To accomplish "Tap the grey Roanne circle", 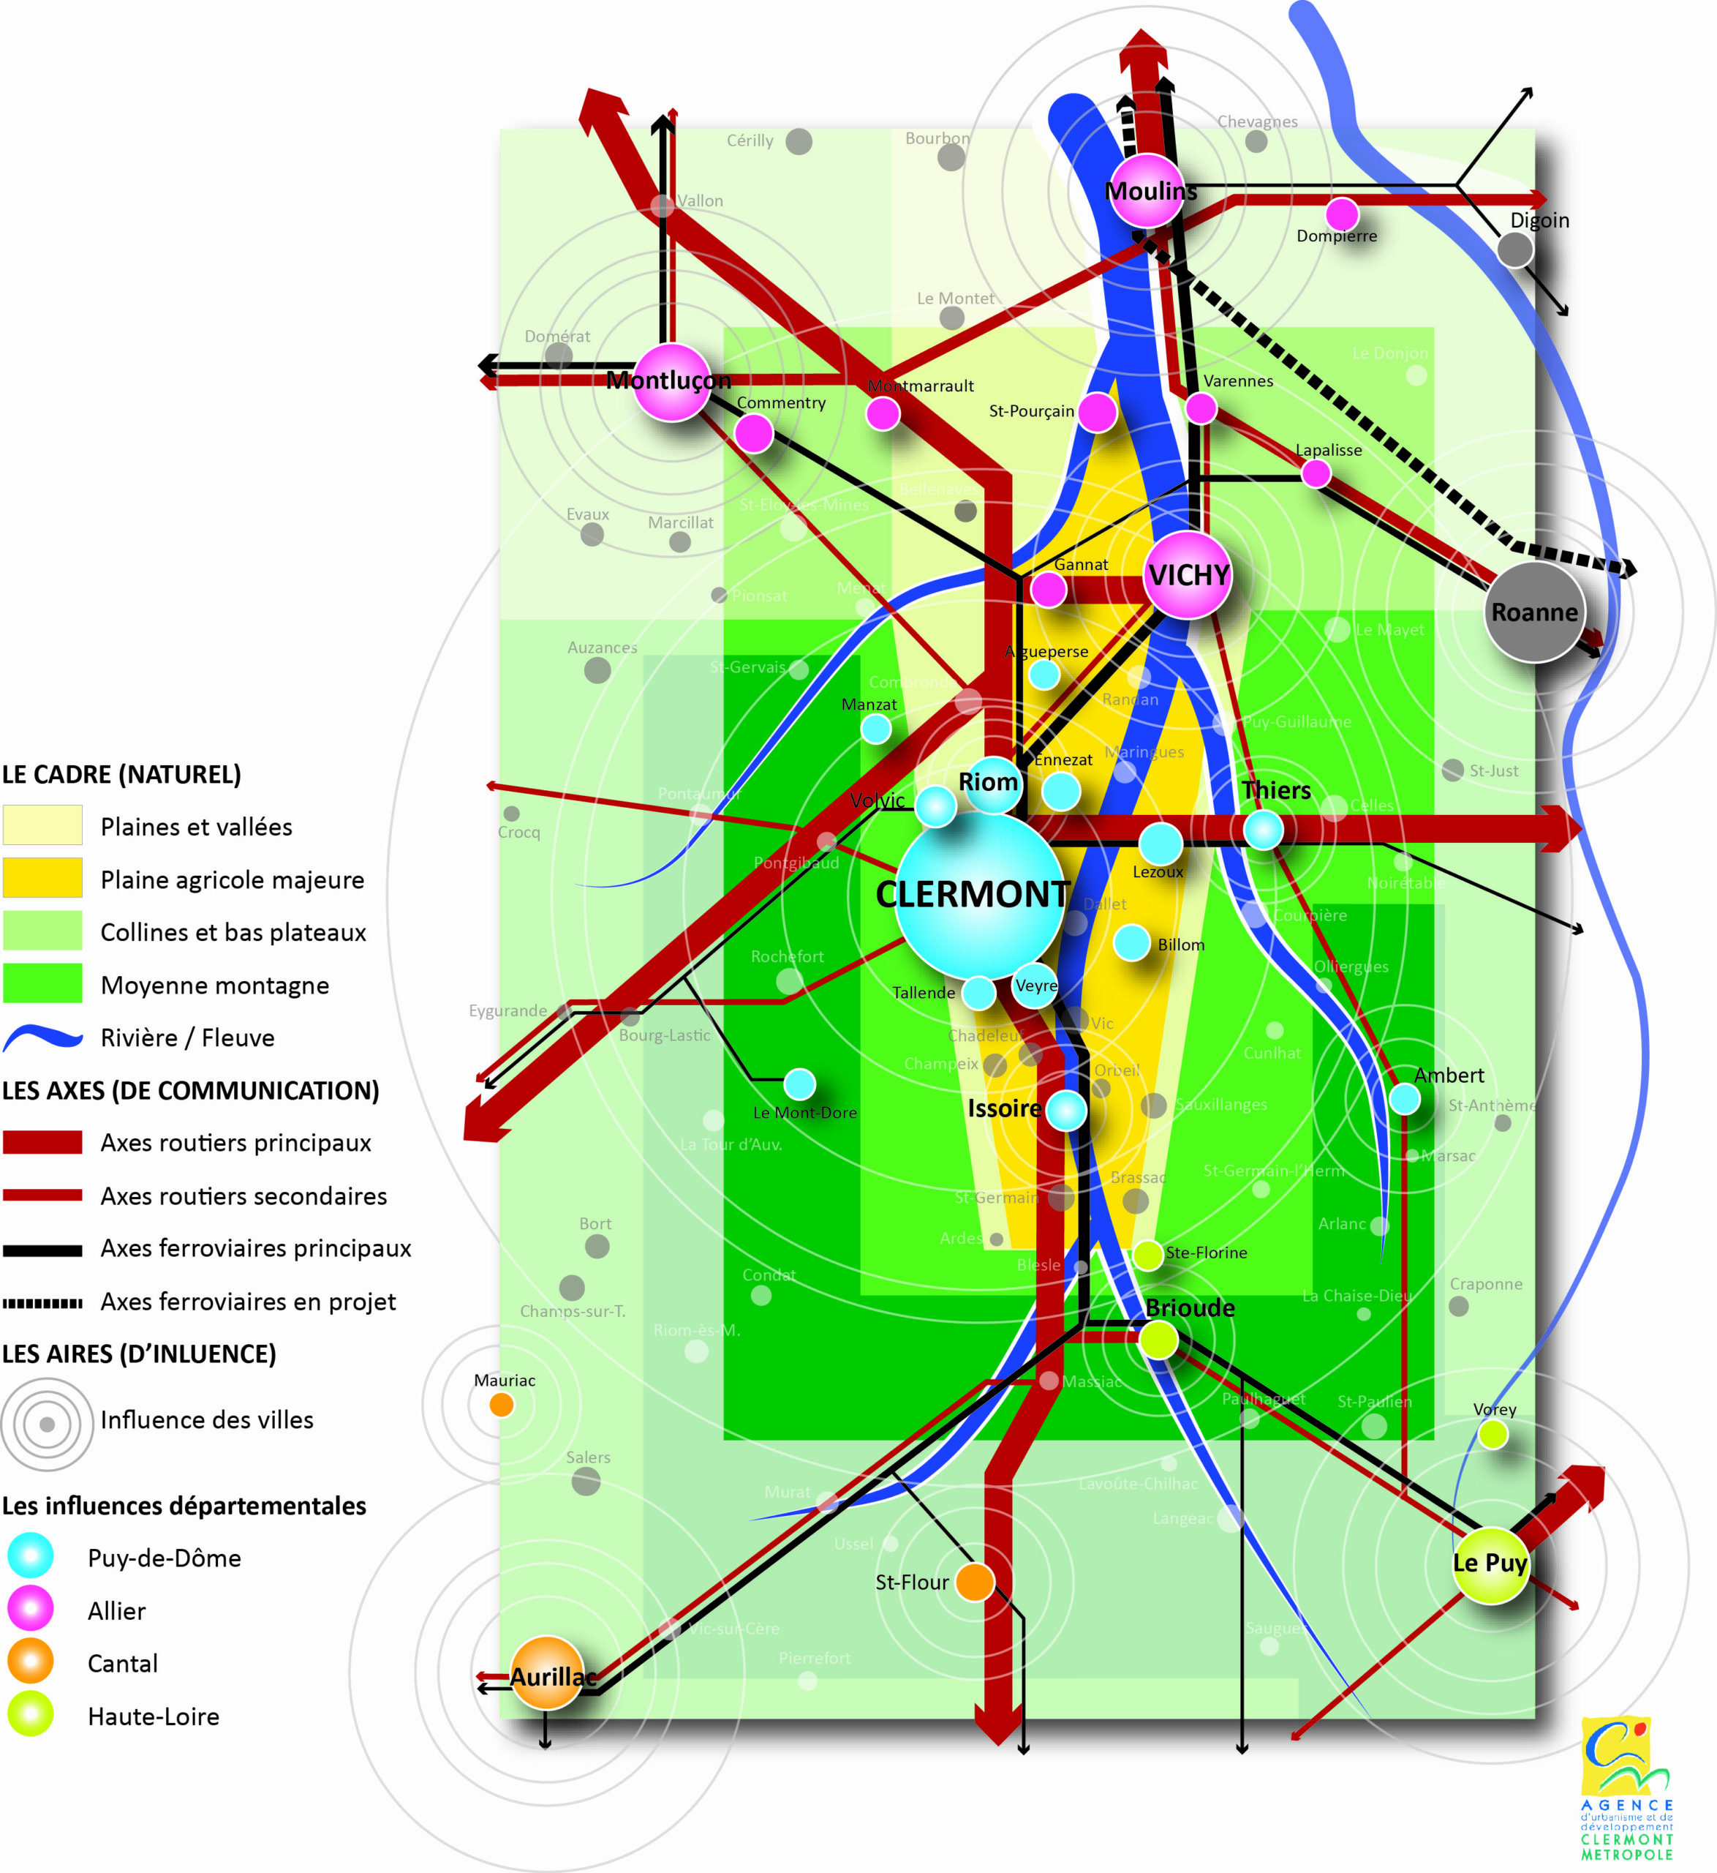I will [x=1534, y=612].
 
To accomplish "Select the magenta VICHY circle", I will [x=1188, y=575].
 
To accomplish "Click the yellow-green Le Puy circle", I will [x=1490, y=1565].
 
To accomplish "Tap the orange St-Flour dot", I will [x=975, y=1582].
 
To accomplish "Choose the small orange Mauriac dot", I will [x=502, y=1405].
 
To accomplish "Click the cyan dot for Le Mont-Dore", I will [x=799, y=1084].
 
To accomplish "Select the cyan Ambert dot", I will [x=1404, y=1099].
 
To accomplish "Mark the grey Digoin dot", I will [x=1514, y=249].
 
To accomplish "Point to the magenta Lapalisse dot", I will [x=1316, y=473].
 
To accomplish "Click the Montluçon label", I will [x=668, y=380].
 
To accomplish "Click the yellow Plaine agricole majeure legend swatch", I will [x=42, y=879].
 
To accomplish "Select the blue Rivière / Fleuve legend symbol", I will [x=42, y=1037].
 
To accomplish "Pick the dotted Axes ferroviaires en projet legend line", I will [x=42, y=1303].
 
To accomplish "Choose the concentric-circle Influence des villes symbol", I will [x=48, y=1424].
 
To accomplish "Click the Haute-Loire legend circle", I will [x=31, y=1715].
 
